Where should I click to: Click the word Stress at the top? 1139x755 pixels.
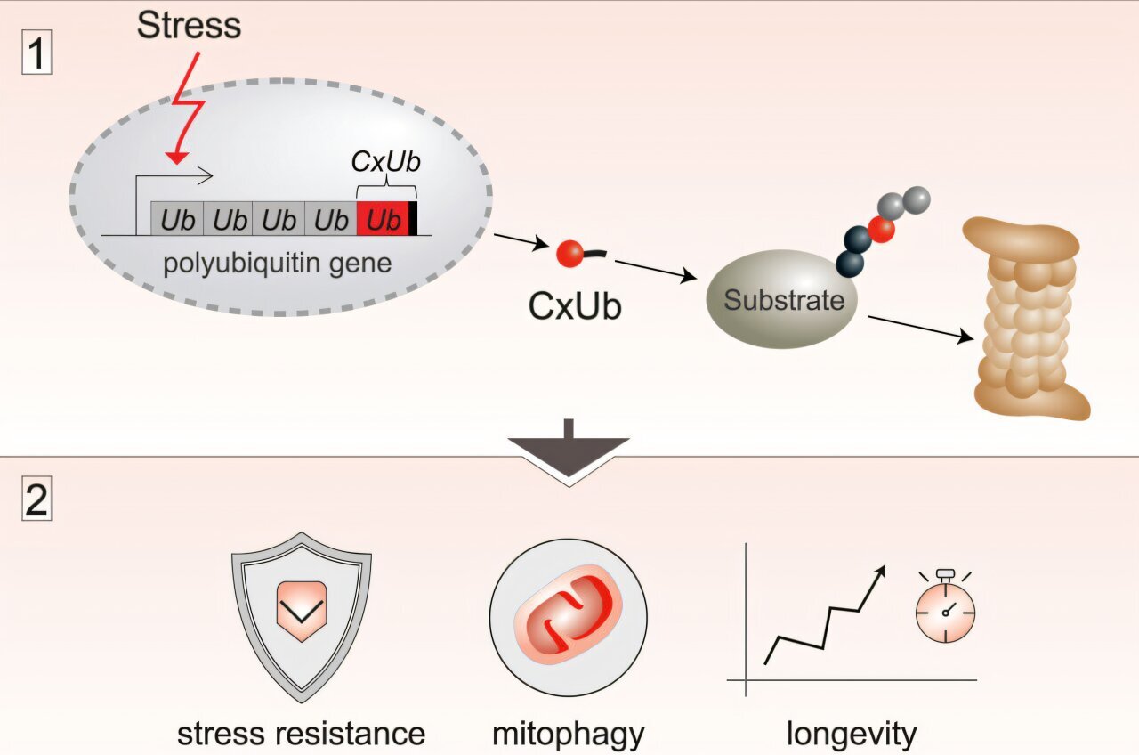pyautogui.click(x=189, y=25)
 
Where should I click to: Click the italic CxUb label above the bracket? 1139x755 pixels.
pyautogui.click(x=386, y=163)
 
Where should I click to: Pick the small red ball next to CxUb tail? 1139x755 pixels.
pyautogui.click(x=569, y=256)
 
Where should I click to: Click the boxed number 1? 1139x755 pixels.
pyautogui.click(x=36, y=54)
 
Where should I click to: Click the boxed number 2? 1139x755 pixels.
pyautogui.click(x=36, y=501)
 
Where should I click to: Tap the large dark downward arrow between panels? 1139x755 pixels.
pyautogui.click(x=569, y=452)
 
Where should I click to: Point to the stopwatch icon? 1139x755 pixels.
pyautogui.click(x=945, y=610)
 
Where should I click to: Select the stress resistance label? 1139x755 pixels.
pyautogui.click(x=301, y=735)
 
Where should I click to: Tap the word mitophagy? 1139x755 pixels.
pyautogui.click(x=569, y=735)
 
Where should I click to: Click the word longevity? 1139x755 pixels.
pyautogui.click(x=851, y=735)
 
